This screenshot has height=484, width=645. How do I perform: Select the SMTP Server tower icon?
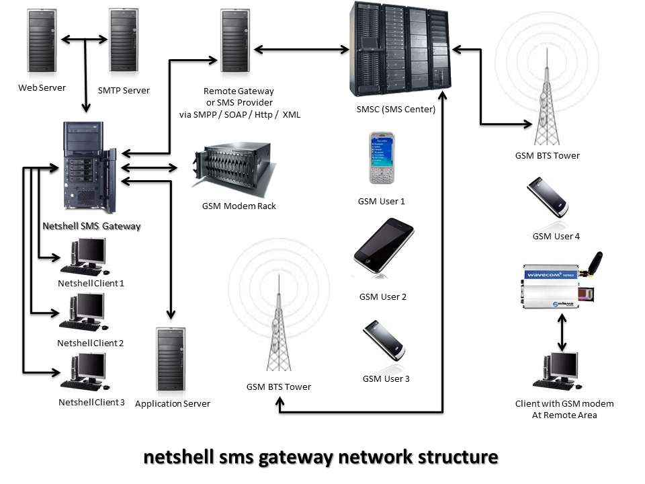124,42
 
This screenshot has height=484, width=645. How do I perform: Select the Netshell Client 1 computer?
84,256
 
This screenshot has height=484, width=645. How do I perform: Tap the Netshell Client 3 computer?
84,372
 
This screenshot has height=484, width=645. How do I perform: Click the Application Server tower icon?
171,359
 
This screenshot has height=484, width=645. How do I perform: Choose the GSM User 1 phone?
382,159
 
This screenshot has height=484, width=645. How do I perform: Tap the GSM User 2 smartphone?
383,245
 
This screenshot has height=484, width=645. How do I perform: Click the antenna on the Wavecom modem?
594,264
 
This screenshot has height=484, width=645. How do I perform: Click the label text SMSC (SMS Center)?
396,110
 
